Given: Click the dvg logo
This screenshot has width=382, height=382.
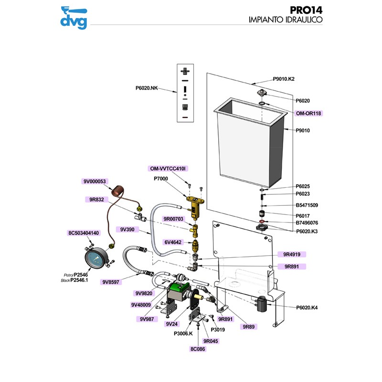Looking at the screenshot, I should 73,16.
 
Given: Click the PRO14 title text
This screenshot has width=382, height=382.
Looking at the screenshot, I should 306,10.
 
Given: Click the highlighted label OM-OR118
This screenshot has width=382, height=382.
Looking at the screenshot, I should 308,113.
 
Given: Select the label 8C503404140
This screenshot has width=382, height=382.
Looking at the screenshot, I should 84,233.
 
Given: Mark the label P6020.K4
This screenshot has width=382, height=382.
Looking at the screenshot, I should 307,308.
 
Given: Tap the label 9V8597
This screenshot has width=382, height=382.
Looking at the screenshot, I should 112,282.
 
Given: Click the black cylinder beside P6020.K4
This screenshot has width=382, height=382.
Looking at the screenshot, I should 261,303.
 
